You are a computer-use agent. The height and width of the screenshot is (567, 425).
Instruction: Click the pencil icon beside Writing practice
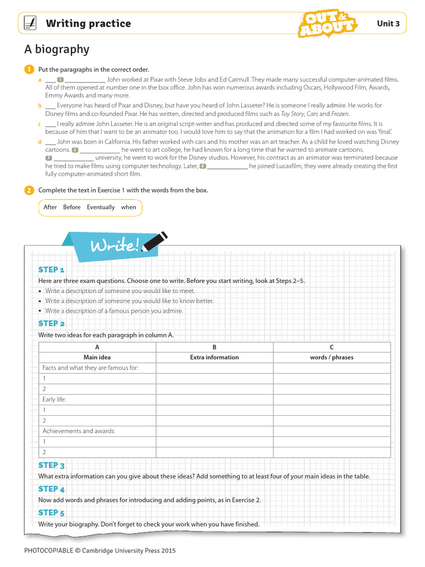[31, 23]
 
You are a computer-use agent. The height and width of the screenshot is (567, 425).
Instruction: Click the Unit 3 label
[388, 23]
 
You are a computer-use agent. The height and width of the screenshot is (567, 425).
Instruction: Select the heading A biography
[56, 49]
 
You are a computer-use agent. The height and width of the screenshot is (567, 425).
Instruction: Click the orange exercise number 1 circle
[28, 69]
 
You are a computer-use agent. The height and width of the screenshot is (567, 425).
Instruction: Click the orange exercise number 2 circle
[28, 190]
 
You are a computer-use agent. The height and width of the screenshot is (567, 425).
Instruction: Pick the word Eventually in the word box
[101, 207]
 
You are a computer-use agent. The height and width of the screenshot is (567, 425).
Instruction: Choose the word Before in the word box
[72, 207]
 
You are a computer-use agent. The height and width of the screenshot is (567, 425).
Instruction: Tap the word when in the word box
[128, 207]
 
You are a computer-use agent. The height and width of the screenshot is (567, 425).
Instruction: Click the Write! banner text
[115, 245]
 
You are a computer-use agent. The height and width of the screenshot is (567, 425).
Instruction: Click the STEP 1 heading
[51, 270]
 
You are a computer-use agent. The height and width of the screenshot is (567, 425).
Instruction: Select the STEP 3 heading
[51, 466]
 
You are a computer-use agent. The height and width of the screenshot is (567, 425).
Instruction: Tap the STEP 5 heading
[51, 513]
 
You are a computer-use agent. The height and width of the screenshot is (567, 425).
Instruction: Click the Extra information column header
[214, 357]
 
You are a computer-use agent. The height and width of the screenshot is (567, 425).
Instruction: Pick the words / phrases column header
[331, 357]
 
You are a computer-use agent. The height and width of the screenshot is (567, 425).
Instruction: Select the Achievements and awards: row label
[79, 431]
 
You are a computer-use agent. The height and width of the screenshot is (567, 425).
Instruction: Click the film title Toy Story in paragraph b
[293, 114]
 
